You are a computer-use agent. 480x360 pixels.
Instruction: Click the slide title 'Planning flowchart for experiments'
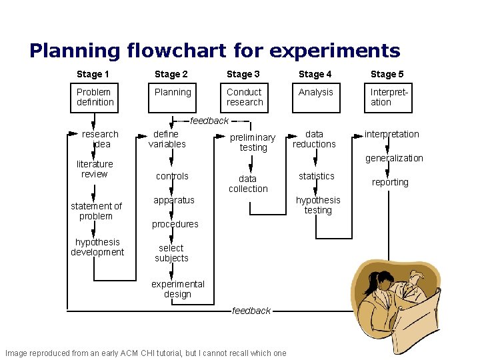(215, 51)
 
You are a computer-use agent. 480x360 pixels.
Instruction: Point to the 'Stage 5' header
(387, 74)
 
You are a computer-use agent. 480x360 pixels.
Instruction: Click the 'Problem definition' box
(95, 97)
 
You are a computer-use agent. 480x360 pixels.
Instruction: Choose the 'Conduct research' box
(245, 97)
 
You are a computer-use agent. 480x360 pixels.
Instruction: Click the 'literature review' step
(95, 169)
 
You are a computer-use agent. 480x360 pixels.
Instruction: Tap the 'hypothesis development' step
(97, 247)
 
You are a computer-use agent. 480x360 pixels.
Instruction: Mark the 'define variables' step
(167, 139)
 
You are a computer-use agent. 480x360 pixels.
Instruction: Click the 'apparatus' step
(174, 200)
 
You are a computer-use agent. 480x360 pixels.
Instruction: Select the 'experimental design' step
(178, 289)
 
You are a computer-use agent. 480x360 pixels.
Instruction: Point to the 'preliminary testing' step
(253, 143)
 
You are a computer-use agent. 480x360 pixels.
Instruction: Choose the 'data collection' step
(248, 184)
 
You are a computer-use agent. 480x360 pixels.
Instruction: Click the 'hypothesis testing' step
(318, 205)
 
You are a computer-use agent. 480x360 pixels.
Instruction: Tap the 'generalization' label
(394, 158)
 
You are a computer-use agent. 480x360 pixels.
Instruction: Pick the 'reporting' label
(391, 182)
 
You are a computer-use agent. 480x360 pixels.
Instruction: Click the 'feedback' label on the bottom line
(251, 311)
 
